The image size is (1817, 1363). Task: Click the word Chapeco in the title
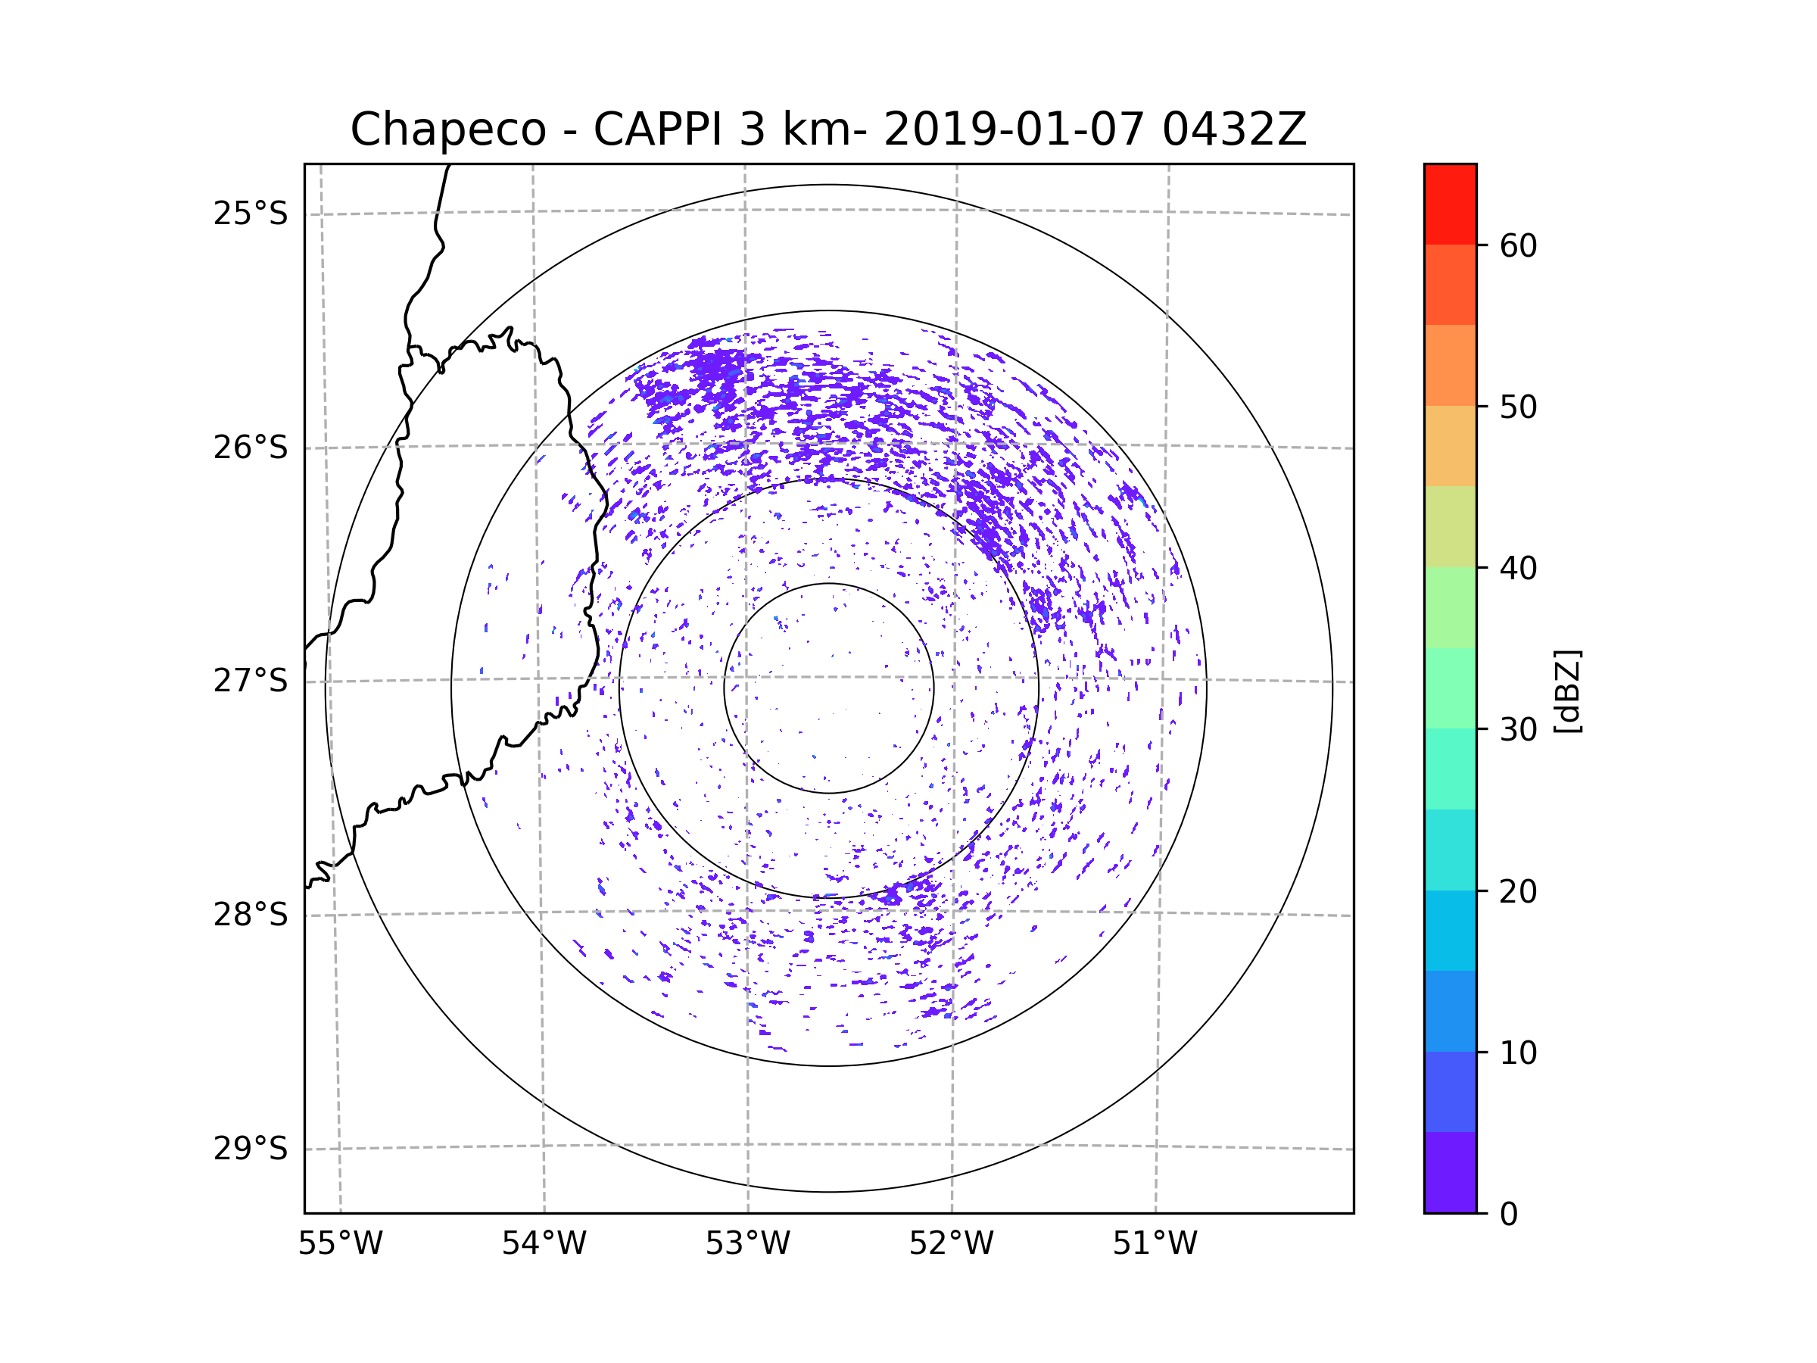point(448,129)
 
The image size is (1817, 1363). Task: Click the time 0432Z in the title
point(1234,129)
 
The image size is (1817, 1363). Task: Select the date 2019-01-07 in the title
point(1014,129)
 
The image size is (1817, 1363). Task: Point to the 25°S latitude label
point(251,214)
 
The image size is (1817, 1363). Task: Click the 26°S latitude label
point(251,448)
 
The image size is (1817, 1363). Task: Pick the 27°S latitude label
point(251,681)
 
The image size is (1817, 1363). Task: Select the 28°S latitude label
point(251,915)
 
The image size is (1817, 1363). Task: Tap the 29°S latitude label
point(251,1149)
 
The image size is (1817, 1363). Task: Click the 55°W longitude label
point(340,1244)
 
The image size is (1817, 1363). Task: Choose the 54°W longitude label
point(544,1244)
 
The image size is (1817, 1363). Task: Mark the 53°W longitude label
point(747,1244)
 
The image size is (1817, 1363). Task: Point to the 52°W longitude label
point(951,1244)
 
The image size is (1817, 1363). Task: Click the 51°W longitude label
point(1155,1244)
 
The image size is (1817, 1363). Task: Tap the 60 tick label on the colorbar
point(1518,245)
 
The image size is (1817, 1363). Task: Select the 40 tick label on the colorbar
point(1518,568)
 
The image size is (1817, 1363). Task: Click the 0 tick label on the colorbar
point(1509,1215)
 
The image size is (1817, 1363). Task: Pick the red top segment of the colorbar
point(1450,204)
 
